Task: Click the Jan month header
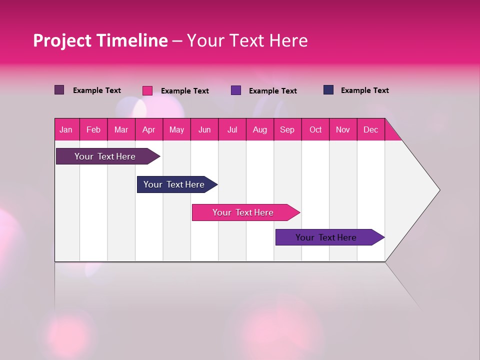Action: coord(66,129)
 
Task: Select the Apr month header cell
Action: coord(148,129)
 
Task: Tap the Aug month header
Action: coord(259,129)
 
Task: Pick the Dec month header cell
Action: coord(370,129)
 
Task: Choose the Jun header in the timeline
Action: coord(204,129)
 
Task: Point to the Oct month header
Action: coord(315,129)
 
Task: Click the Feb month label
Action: coord(93,129)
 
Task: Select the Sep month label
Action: coord(287,129)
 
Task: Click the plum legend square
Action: coord(59,90)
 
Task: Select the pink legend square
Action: coord(147,90)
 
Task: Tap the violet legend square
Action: coord(236,90)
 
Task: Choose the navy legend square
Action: coord(328,90)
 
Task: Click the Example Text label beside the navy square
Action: coord(364,90)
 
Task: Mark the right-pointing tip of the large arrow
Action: coord(438,190)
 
